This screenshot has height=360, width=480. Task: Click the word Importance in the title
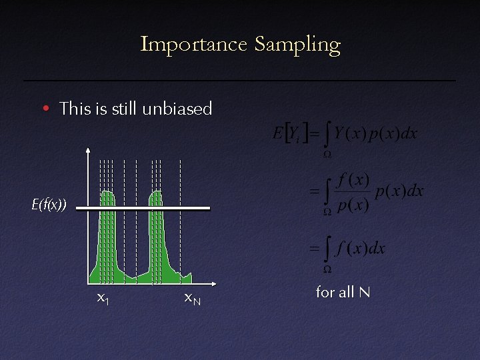(x=193, y=45)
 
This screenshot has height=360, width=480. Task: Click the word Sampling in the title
(x=297, y=45)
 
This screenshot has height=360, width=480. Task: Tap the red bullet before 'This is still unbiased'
(x=45, y=109)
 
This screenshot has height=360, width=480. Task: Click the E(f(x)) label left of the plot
(x=49, y=205)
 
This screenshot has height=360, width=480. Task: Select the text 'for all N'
(x=343, y=291)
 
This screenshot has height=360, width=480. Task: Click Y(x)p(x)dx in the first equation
(x=376, y=133)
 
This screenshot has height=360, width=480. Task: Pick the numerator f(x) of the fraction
(x=353, y=180)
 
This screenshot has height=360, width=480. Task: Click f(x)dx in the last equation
(x=361, y=249)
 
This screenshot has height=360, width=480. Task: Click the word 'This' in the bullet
(x=73, y=108)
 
